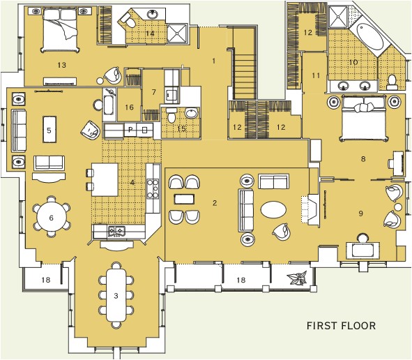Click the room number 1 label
214,61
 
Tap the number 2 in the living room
215,203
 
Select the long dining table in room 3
116,295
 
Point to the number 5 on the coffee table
49,130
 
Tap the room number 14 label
149,33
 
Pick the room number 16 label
128,107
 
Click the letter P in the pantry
129,130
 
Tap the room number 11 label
315,75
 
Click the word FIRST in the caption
323,326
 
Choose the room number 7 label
154,92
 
